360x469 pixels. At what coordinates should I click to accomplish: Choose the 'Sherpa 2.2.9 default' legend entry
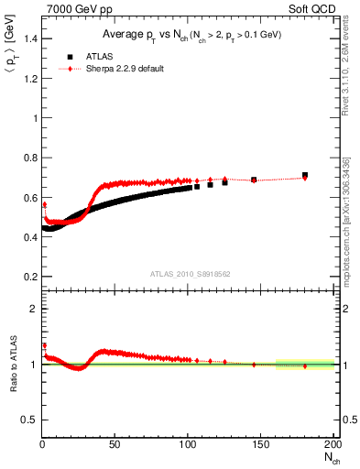[x=124, y=69]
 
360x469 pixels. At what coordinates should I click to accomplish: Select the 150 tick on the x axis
[x=261, y=445]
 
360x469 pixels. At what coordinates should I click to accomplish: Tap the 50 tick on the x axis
[x=115, y=445]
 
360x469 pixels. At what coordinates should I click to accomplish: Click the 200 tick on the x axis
[x=332, y=445]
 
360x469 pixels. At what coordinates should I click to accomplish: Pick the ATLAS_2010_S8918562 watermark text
[x=191, y=273]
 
